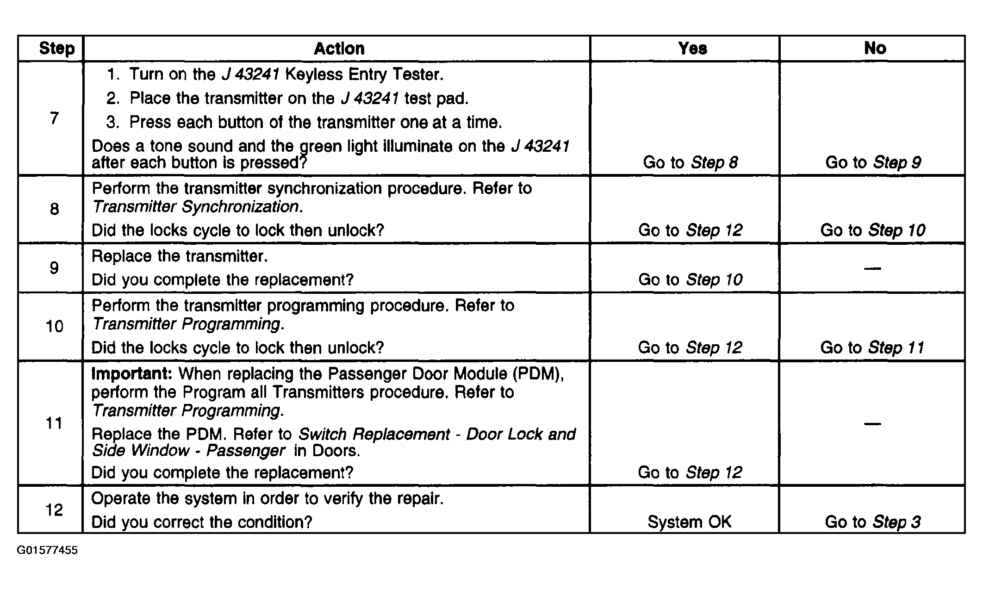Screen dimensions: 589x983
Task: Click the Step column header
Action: point(56,49)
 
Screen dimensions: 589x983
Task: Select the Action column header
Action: point(339,49)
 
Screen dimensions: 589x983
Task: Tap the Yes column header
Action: point(692,49)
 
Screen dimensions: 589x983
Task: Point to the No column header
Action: point(875,48)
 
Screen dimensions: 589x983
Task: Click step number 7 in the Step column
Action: point(55,118)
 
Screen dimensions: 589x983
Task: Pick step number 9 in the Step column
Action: point(54,268)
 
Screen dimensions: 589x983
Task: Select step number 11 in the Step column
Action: point(54,423)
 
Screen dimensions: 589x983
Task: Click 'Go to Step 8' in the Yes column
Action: point(690,162)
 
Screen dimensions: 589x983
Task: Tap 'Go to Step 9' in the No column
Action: point(873,162)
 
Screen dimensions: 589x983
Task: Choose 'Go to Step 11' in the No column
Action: point(872,347)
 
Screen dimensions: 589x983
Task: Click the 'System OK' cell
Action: point(689,522)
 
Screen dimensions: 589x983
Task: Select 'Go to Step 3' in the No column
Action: point(872,522)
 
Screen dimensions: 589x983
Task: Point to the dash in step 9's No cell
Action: point(872,268)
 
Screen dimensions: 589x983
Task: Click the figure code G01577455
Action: point(47,551)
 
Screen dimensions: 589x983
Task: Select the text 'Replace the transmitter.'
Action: point(180,256)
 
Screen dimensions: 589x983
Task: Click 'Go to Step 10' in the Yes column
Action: point(690,279)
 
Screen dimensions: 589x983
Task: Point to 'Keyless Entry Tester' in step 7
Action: point(363,74)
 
